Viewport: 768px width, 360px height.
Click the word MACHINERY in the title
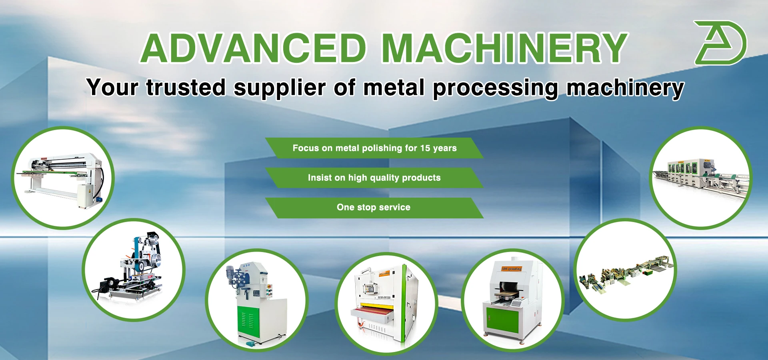tap(505, 48)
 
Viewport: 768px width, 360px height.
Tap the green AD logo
tap(720, 43)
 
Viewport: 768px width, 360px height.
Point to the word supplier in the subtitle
tap(280, 88)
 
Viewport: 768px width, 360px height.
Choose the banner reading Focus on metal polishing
tap(374, 148)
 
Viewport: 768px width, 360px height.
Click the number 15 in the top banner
tap(425, 148)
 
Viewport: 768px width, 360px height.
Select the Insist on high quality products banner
tap(374, 178)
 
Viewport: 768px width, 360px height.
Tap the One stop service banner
tap(374, 208)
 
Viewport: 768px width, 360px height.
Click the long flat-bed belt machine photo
tap(63, 178)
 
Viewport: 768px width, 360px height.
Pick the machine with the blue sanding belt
tap(134, 270)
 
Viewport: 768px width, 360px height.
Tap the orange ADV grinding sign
tap(512, 269)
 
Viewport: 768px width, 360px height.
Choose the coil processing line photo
tap(625, 269)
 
